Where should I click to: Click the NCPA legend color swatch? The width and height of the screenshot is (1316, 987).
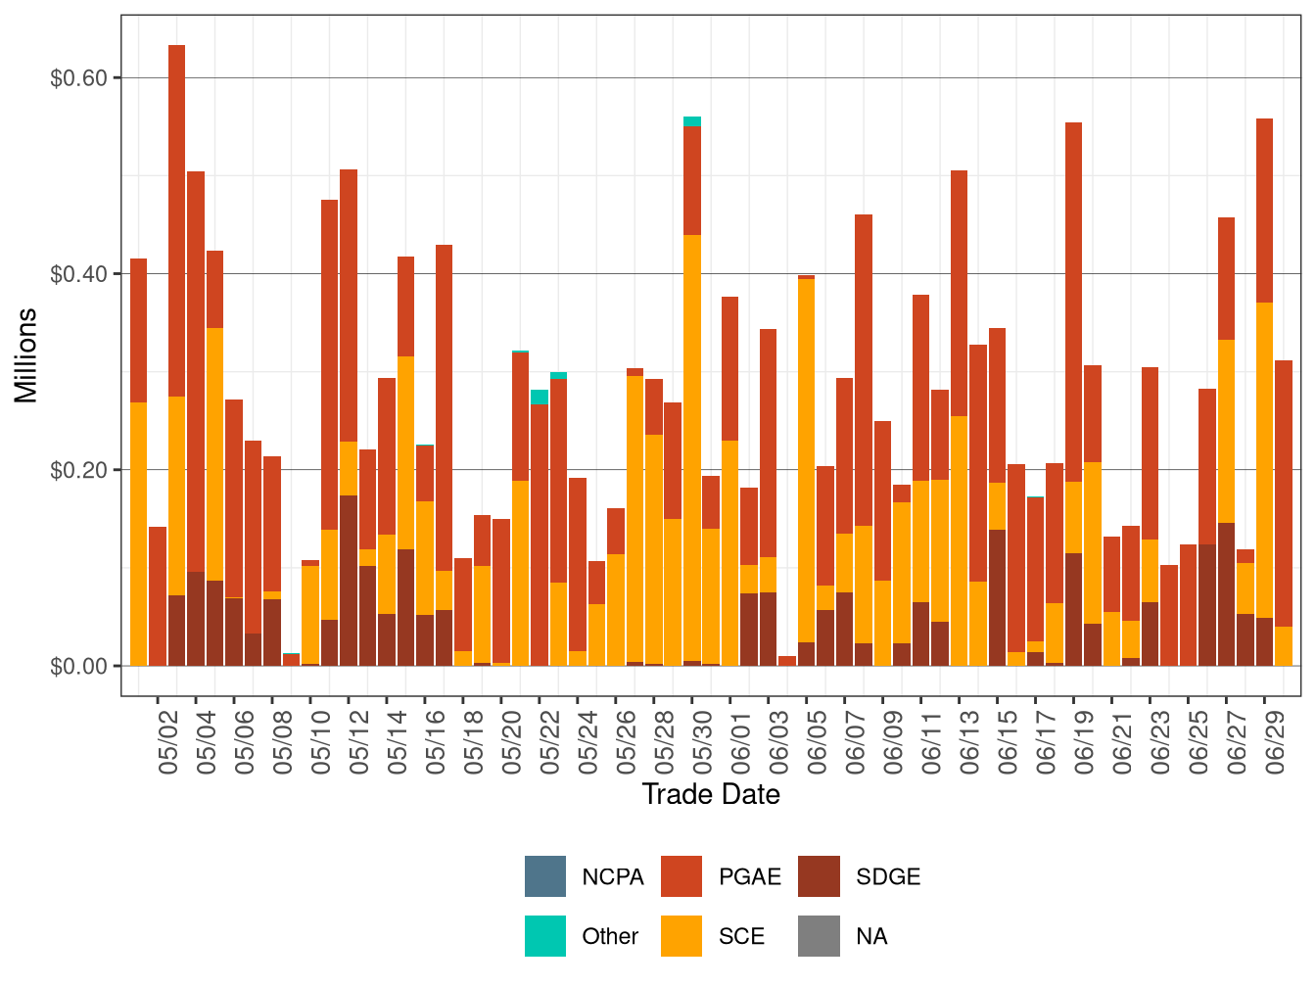pos(544,876)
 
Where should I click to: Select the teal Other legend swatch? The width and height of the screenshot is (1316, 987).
pos(544,936)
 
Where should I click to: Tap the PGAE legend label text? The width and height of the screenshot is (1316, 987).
pos(749,877)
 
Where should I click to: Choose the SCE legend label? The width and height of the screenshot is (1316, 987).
pos(741,937)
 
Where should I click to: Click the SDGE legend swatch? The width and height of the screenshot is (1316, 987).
pos(819,876)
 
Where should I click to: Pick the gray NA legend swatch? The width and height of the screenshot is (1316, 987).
pos(819,936)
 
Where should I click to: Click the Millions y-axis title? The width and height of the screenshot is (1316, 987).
pos(26,354)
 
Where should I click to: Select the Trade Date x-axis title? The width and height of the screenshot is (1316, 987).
pos(711,794)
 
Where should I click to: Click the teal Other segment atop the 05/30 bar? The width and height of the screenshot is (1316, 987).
pos(692,121)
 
